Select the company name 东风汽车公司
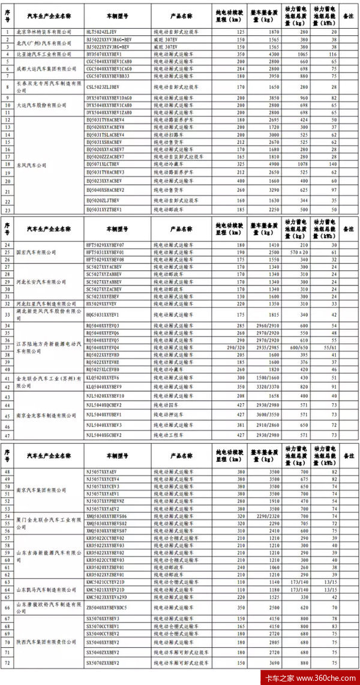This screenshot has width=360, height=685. pyautogui.click(x=34, y=165)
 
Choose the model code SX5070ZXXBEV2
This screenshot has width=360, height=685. pyautogui.click(x=104, y=662)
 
